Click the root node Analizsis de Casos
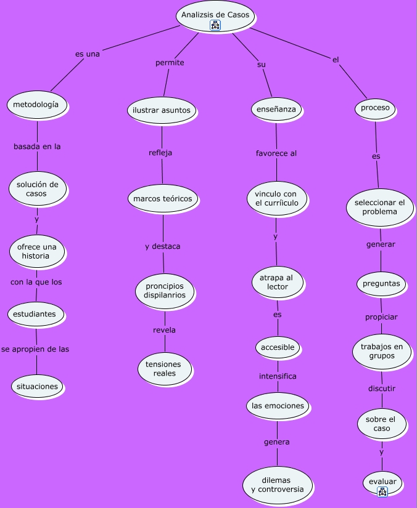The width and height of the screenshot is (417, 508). click(x=215, y=15)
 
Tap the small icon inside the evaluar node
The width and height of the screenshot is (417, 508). click(x=382, y=491)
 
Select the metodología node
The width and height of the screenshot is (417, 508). click(x=37, y=105)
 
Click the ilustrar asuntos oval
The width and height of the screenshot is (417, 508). click(x=162, y=110)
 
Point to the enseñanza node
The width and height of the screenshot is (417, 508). click(x=276, y=109)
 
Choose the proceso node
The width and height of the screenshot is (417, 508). click(x=375, y=108)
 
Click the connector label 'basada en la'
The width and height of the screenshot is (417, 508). click(x=37, y=147)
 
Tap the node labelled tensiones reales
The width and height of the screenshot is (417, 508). click(x=165, y=369)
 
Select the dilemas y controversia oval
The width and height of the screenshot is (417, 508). click(x=278, y=485)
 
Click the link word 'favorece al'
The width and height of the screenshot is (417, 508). click(x=276, y=153)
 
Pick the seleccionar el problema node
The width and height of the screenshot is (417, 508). click(x=379, y=207)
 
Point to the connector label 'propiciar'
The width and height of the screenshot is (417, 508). click(x=381, y=317)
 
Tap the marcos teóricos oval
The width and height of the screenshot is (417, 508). click(x=163, y=198)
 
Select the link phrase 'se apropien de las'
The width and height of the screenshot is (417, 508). click(x=35, y=349)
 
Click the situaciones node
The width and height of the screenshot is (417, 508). click(x=37, y=387)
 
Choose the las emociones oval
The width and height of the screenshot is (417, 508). click(x=278, y=406)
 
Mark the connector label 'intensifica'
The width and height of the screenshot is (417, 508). click(x=278, y=376)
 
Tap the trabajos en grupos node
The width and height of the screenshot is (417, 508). click(x=382, y=351)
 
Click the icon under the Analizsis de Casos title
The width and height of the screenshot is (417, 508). click(x=215, y=25)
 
